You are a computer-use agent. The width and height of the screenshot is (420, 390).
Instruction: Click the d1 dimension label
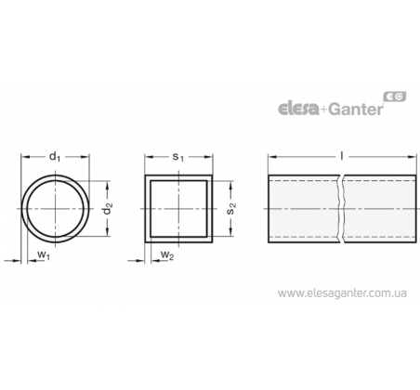pyautogui.click(x=55, y=157)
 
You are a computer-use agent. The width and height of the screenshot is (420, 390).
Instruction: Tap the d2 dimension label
pyautogui.click(x=108, y=209)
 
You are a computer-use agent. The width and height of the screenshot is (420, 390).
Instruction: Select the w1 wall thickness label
pyautogui.click(x=44, y=255)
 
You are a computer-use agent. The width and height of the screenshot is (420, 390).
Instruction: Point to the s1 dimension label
pyautogui.click(x=178, y=157)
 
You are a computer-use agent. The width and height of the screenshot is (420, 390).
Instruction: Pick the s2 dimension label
pyautogui.click(x=231, y=209)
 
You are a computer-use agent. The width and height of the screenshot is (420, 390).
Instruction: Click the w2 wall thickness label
pyautogui.click(x=167, y=255)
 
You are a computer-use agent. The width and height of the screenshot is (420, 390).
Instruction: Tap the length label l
pyautogui.click(x=342, y=156)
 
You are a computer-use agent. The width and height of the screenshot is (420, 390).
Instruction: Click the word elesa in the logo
pyautogui.click(x=298, y=109)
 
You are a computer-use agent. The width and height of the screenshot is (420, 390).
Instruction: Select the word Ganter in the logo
pyautogui.click(x=355, y=109)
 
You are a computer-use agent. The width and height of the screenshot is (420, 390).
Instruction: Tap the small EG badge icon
pyautogui.click(x=395, y=97)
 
